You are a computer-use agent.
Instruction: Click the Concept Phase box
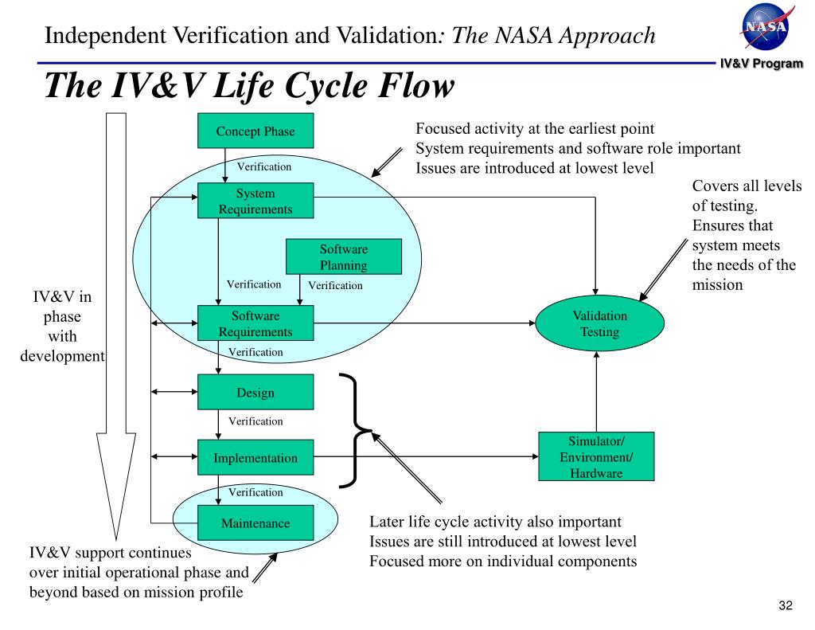click(x=255, y=131)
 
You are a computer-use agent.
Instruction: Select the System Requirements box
click(x=255, y=200)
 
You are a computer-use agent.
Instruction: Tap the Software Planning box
click(x=344, y=256)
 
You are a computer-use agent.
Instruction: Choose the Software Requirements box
click(x=255, y=323)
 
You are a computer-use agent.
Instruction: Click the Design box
click(x=255, y=392)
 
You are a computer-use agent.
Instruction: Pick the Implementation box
click(x=255, y=457)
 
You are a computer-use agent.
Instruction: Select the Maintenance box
click(x=255, y=522)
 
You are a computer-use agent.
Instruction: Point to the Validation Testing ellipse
click(x=600, y=323)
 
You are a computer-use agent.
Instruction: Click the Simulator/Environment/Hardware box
click(x=596, y=456)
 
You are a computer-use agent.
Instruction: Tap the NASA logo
click(x=766, y=26)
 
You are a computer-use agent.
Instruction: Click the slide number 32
click(x=786, y=605)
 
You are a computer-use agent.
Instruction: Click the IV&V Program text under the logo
click(x=762, y=64)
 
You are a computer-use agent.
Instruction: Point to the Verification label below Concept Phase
click(x=264, y=166)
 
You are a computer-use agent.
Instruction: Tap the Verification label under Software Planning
click(x=335, y=285)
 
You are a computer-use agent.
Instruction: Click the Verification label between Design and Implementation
click(x=255, y=421)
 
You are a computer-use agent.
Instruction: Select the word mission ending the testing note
click(x=717, y=284)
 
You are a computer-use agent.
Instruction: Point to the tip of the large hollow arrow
click(x=115, y=540)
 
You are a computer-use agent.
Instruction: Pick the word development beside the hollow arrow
click(x=62, y=356)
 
